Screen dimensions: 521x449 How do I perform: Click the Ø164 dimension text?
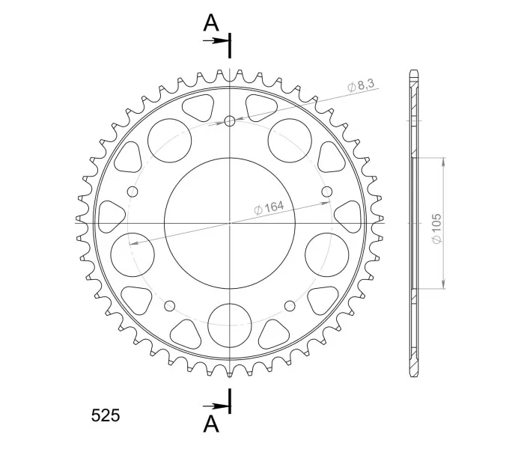pos(269,207)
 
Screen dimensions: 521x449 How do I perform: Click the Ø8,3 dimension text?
pos(361,85)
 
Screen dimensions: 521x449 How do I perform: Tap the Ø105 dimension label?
pos(436,229)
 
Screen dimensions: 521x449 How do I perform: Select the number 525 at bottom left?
pos(106,415)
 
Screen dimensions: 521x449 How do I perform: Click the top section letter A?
pos(211,23)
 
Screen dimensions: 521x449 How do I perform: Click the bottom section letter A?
pos(211,424)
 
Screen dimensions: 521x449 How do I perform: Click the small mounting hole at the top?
pos(230,121)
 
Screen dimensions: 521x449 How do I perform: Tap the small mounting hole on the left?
pos(132,192)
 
